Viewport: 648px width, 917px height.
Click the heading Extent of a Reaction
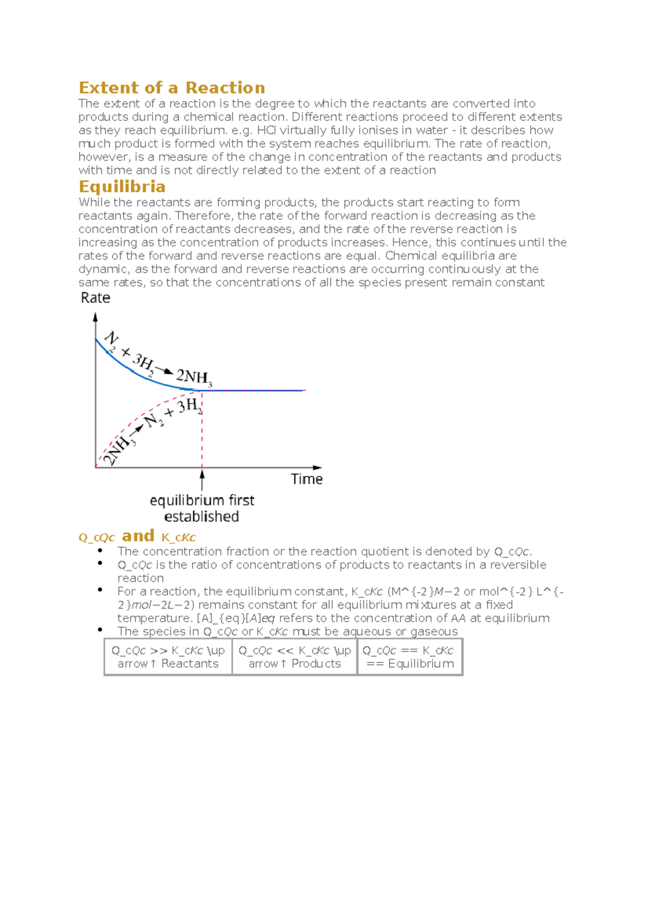tap(172, 87)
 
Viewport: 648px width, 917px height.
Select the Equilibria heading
tap(122, 186)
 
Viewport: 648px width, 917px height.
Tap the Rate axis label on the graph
tap(96, 298)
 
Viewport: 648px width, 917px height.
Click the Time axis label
tap(306, 479)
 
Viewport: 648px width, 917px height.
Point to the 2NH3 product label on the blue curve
tap(194, 376)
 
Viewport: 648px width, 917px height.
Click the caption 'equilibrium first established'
tap(202, 508)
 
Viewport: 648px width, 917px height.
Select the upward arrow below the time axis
tap(202, 480)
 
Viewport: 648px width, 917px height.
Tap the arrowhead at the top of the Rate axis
tap(96, 317)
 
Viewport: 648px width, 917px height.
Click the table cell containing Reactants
tap(168, 657)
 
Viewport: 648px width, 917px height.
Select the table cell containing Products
tap(294, 657)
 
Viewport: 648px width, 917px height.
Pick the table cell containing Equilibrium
tap(410, 657)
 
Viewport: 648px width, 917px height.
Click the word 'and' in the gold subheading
tap(138, 536)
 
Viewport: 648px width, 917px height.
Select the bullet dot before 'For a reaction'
tap(100, 590)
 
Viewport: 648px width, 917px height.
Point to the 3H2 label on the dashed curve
tap(189, 407)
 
